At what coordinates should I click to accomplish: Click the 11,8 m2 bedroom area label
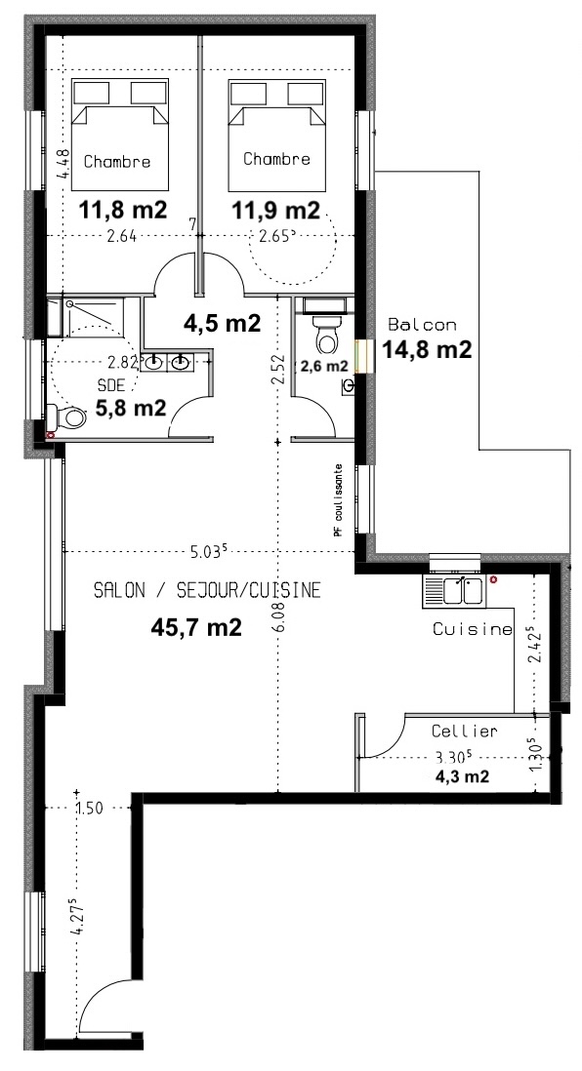pyautogui.click(x=123, y=210)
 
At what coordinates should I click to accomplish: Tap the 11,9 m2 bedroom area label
pyautogui.click(x=275, y=210)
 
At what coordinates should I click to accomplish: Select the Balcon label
pyautogui.click(x=422, y=325)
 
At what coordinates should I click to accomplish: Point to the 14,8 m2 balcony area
pyautogui.click(x=427, y=350)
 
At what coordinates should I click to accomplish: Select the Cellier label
pyautogui.click(x=465, y=731)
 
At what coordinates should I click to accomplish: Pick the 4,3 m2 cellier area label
pyautogui.click(x=463, y=775)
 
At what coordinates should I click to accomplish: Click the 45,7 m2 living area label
pyautogui.click(x=196, y=627)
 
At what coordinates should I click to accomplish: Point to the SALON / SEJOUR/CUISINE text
pyautogui.click(x=207, y=590)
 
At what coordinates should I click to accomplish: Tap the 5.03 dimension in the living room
pyautogui.click(x=210, y=551)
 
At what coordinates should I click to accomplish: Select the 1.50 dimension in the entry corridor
pyautogui.click(x=90, y=808)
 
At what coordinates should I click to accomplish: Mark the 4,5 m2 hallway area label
pyautogui.click(x=223, y=323)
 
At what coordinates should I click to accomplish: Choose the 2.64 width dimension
pyautogui.click(x=121, y=237)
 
